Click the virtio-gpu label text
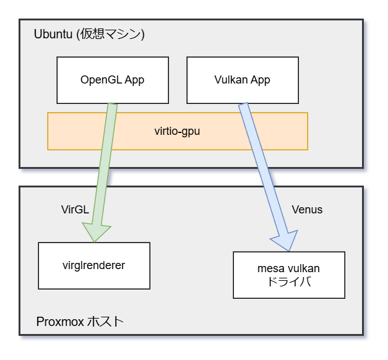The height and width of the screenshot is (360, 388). tap(177, 131)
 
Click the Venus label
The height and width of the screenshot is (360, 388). tap(307, 210)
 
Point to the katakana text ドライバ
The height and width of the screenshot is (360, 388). tap(288, 282)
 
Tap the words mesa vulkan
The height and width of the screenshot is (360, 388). tap(288, 269)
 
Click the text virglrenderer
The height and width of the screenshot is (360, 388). tap(94, 266)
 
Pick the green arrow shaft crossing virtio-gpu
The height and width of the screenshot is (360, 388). tap(108, 131)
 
